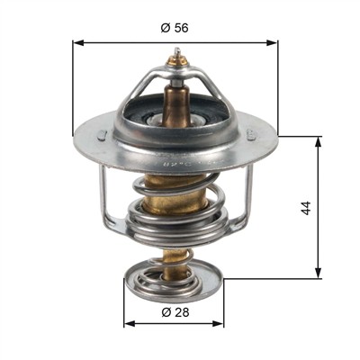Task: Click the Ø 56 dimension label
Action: point(175,28)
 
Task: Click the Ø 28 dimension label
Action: point(175,312)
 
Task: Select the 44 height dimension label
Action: point(306,208)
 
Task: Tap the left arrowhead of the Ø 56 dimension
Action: point(77,43)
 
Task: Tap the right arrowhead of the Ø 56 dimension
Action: point(272,43)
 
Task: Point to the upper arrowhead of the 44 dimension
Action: point(319,142)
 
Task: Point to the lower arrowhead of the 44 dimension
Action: point(319,273)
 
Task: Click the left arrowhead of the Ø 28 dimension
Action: point(129,323)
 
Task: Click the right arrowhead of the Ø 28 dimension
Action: point(218,323)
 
